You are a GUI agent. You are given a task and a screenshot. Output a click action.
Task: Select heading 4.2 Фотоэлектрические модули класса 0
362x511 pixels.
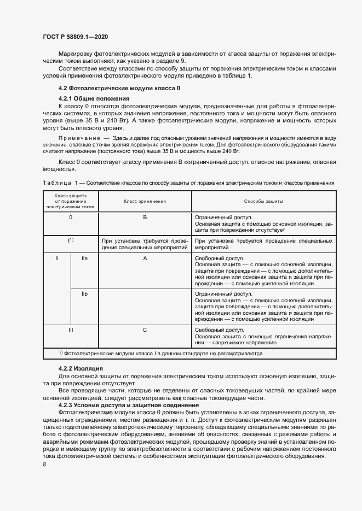(119, 89)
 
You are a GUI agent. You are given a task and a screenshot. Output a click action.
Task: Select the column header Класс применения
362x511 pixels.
(145, 201)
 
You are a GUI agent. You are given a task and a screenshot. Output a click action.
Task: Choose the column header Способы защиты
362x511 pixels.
(263, 201)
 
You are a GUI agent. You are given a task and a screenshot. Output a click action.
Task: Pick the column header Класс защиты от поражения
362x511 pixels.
(71, 201)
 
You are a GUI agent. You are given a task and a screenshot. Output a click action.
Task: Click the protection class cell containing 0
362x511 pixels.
(71, 218)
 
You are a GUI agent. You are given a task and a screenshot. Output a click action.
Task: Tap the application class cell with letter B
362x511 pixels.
(145, 218)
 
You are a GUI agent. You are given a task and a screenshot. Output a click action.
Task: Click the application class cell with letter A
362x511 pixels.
(145, 258)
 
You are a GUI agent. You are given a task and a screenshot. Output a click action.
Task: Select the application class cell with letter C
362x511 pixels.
(145, 330)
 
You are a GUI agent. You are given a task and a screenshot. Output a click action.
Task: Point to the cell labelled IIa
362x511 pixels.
(85, 258)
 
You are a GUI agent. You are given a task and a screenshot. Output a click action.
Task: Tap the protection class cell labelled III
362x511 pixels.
(71, 330)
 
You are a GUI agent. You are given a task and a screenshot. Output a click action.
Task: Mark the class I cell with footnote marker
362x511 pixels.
(71, 240)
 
